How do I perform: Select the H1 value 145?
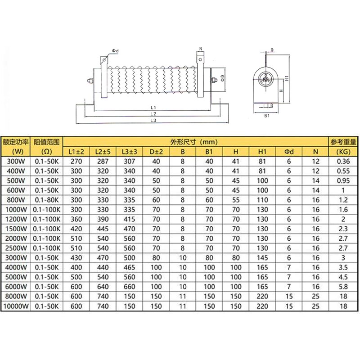(263, 257)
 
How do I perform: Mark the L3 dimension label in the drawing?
(153, 121)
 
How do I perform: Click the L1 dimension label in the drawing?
(153, 108)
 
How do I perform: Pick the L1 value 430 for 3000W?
(76, 257)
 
